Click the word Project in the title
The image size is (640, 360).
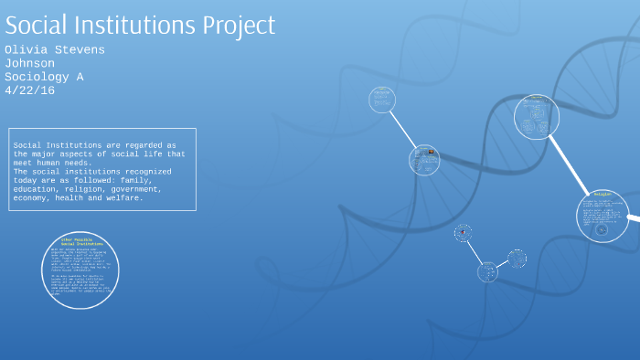point(232,25)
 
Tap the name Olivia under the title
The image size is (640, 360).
point(27,49)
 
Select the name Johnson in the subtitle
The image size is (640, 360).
point(29,63)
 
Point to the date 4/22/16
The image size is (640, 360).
point(29,90)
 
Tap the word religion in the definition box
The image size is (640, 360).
point(95,189)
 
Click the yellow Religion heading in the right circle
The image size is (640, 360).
point(602,195)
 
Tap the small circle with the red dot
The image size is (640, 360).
point(464,233)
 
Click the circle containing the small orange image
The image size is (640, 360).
point(424,159)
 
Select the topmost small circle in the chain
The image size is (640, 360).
point(382,99)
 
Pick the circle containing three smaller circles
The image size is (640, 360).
point(536,117)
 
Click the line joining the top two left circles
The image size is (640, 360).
point(402,128)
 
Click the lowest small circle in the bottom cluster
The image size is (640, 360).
point(487,271)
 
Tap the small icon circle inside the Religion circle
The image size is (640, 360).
point(601,229)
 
